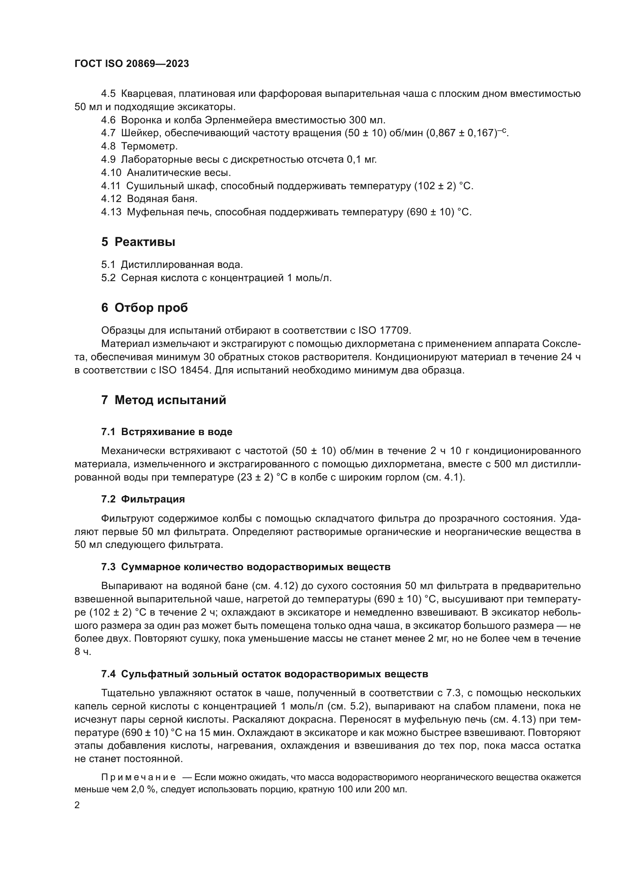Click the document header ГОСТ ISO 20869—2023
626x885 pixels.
click(x=132, y=64)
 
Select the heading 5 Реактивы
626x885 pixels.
click(x=139, y=242)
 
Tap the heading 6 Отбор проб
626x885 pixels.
click(x=145, y=308)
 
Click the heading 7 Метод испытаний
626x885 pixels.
click(x=164, y=400)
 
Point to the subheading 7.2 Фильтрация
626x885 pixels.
click(x=143, y=499)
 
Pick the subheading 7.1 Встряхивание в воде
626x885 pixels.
click(x=167, y=432)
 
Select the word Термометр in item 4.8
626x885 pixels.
click(x=149, y=146)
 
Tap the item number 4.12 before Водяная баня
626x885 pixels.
click(x=111, y=199)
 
